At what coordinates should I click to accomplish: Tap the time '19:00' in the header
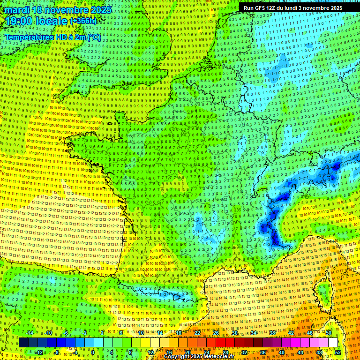[18, 21]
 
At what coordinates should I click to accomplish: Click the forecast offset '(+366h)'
[83, 21]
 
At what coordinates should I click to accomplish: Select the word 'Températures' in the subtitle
[27, 37]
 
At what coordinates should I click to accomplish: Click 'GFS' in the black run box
[262, 8]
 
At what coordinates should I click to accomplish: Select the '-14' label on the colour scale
[30, 333]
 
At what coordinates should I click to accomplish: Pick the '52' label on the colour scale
[337, 352]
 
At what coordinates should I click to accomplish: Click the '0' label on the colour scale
[93, 352]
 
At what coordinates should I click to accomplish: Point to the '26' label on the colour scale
[216, 333]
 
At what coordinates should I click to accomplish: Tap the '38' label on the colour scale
[272, 333]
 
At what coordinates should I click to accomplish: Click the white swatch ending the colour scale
[333, 343]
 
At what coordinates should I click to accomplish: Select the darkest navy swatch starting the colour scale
[23, 343]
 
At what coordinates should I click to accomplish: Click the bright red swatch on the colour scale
[220, 343]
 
